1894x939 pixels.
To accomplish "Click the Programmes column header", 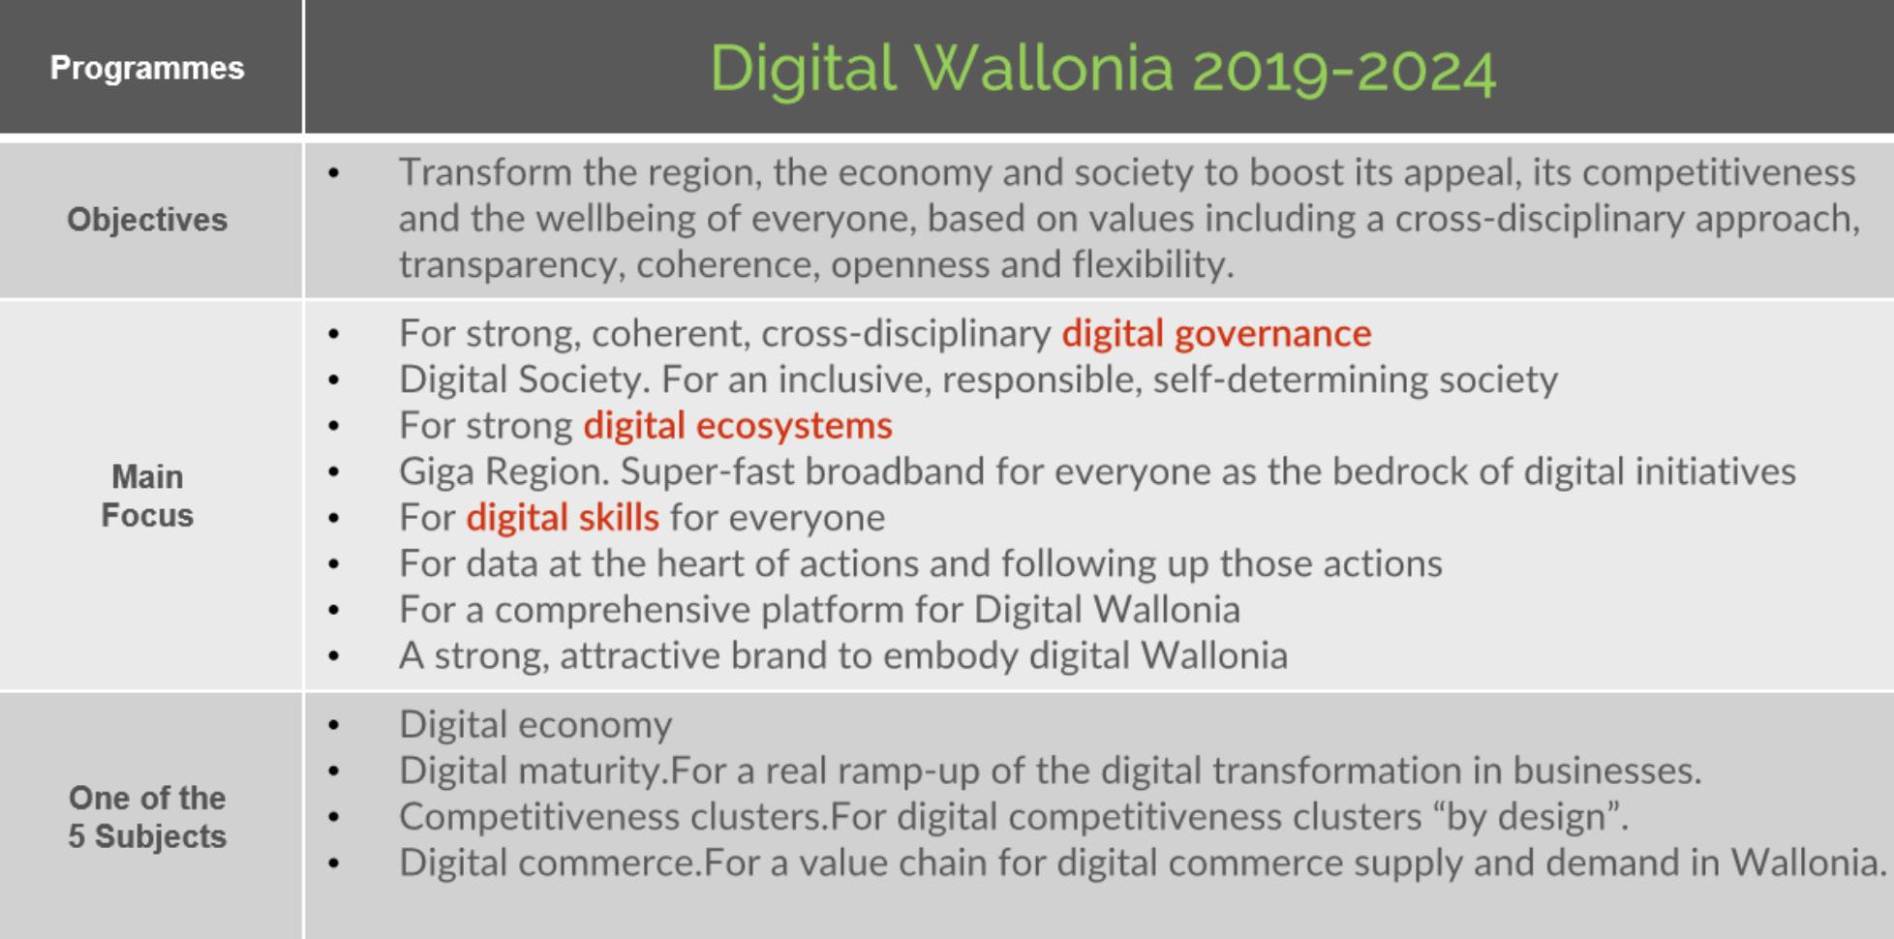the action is (147, 68).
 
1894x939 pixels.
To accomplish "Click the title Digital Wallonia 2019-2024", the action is (1103, 70).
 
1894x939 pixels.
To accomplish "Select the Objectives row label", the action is (147, 220).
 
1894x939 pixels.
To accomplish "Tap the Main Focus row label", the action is (147, 496).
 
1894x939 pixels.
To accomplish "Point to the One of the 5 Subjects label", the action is (147, 817).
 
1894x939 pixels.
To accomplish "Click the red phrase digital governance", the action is (1216, 334).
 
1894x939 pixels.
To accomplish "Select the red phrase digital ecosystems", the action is (738, 426).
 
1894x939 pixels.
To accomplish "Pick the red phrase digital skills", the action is (563, 518).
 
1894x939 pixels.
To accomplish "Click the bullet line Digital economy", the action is (535, 725).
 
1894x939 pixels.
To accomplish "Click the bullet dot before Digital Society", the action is (334, 380).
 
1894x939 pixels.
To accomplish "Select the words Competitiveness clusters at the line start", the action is (612, 817).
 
